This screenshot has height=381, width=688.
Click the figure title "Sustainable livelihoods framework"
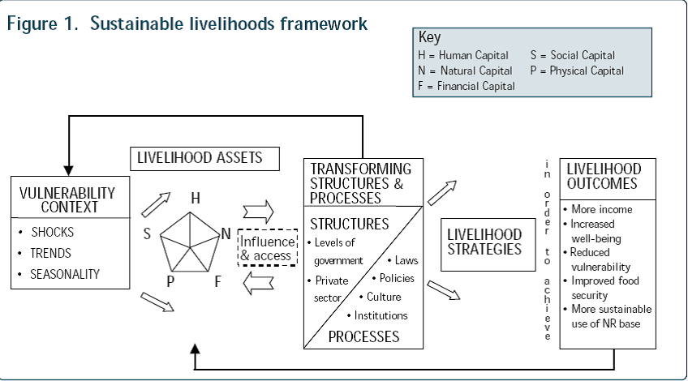pos(230,24)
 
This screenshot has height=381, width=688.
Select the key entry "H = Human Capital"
pos(462,56)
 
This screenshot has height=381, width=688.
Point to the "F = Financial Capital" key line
pos(466,86)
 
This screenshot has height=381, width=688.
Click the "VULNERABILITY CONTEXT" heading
pos(67,200)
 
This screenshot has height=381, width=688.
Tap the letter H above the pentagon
pos(196,198)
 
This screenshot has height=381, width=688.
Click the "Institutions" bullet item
pos(380,315)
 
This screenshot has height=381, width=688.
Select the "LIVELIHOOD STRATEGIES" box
pos(484,241)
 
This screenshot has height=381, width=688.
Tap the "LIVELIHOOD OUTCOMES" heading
pos(604,176)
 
